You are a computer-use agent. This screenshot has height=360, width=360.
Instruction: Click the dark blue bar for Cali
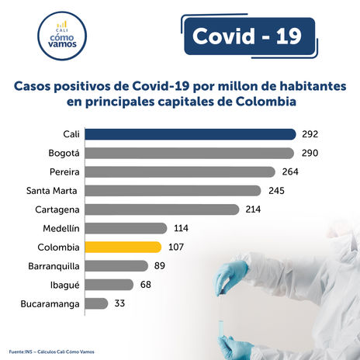(x=190, y=134)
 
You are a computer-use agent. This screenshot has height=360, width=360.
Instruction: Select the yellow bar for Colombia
(x=123, y=247)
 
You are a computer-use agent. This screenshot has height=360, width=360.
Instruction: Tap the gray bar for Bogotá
(x=189, y=153)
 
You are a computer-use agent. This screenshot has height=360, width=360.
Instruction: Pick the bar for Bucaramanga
(x=96, y=303)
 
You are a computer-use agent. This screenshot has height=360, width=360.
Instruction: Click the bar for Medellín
(x=126, y=228)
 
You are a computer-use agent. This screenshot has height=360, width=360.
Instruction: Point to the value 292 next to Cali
(x=310, y=134)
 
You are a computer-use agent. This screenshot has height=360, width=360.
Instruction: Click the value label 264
(x=290, y=171)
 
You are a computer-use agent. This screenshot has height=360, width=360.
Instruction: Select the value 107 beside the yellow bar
(x=175, y=247)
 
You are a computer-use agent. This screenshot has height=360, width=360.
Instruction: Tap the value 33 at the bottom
(x=119, y=303)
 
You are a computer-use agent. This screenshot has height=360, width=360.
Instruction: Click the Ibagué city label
(x=63, y=285)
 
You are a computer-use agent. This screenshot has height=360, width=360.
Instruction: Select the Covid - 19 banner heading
(x=246, y=36)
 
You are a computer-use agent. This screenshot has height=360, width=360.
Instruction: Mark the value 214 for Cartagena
(x=253, y=209)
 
